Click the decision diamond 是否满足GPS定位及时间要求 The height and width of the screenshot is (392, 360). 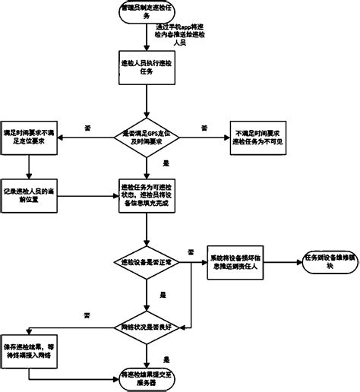[147, 137]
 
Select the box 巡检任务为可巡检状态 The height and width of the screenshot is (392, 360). [147, 194]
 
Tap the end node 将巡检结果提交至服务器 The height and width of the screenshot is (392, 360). [147, 378]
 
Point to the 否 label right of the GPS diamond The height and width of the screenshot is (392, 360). [204, 127]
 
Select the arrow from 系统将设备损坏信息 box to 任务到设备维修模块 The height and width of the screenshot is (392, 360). [288, 261]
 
